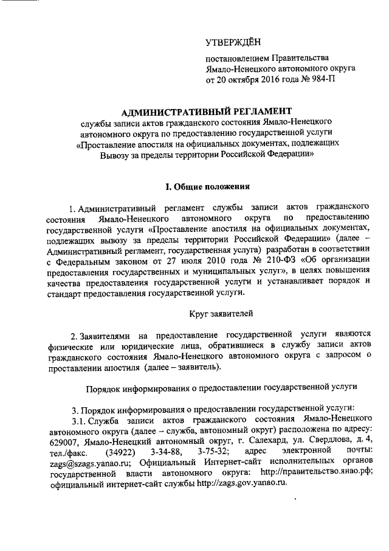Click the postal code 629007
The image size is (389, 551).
pos(62,440)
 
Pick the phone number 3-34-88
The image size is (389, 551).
pos(165,451)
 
